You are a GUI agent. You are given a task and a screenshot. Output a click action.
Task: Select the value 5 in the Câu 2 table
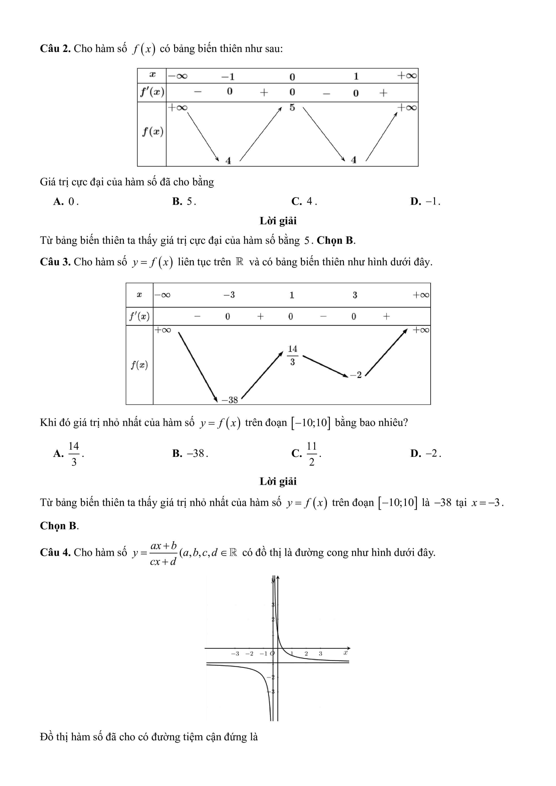292,108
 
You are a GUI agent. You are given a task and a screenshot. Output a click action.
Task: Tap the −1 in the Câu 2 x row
228,76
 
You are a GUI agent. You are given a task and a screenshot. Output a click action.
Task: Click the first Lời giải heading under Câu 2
278,221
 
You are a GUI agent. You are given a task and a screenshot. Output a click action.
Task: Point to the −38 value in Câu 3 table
230,400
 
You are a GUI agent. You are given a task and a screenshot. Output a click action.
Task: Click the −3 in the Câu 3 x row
229,295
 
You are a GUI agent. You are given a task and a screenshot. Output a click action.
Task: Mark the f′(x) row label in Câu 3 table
139,316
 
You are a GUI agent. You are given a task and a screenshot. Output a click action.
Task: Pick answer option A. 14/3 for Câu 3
69,453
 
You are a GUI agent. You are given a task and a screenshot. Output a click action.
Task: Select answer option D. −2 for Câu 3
426,453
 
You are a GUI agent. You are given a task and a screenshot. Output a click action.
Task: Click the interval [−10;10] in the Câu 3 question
311,423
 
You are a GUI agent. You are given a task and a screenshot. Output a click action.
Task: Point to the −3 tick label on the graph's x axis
235,654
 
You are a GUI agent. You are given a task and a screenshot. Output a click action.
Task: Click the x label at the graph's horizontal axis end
345,653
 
